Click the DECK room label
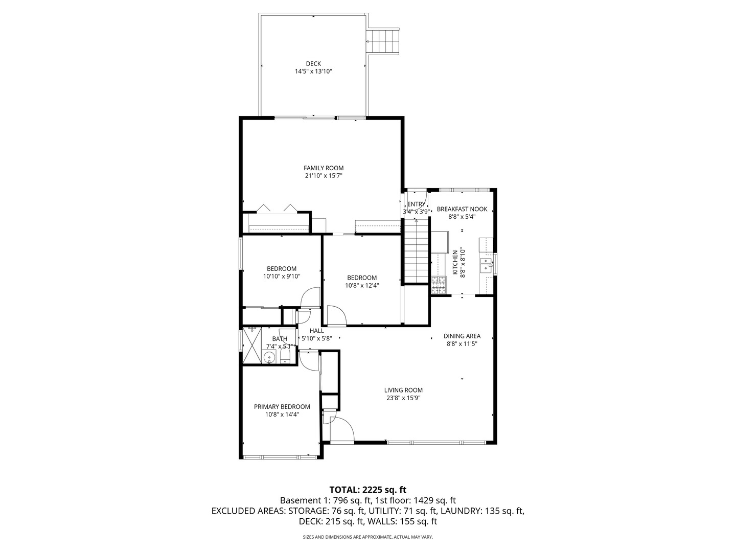click(x=313, y=64)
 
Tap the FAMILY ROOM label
click(x=323, y=168)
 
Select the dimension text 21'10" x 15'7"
click(x=323, y=176)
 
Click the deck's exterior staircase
click(x=383, y=41)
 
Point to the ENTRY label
click(x=416, y=204)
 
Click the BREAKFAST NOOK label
click(x=462, y=209)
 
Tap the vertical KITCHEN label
click(x=455, y=262)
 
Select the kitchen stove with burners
click(x=439, y=285)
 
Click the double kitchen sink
click(x=486, y=266)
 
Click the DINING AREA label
click(x=462, y=336)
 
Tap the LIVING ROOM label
click(x=403, y=390)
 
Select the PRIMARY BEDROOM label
click(x=282, y=406)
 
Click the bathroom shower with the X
click(x=252, y=345)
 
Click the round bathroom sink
click(x=269, y=357)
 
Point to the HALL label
click(x=316, y=331)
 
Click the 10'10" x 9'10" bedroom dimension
click(x=281, y=277)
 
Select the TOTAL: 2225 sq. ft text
click(x=368, y=490)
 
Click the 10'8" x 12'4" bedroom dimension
click(x=362, y=286)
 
